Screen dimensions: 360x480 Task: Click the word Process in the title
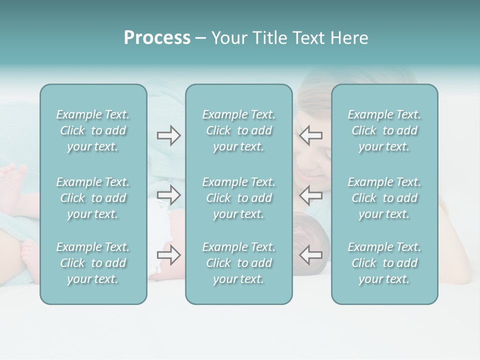click(x=157, y=38)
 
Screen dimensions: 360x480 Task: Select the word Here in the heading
click(x=349, y=38)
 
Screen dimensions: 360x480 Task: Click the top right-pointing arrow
click(x=169, y=135)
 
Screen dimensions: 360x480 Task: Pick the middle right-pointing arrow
click(x=169, y=195)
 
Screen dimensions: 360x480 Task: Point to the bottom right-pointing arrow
click(x=169, y=255)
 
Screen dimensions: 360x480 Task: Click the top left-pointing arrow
click(x=310, y=135)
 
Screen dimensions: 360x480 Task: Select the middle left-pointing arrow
click(x=310, y=195)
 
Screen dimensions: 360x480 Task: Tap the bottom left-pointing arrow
click(x=310, y=255)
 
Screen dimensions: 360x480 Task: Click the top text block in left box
click(x=93, y=130)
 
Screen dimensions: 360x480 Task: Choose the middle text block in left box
click(x=93, y=198)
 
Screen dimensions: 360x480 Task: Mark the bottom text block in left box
click(x=93, y=263)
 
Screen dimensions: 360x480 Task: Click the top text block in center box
click(x=239, y=130)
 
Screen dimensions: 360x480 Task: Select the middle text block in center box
click(x=239, y=198)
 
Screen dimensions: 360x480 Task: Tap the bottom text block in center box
click(x=239, y=263)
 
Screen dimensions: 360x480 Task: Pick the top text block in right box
click(x=384, y=130)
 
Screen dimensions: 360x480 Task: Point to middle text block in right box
click(x=384, y=198)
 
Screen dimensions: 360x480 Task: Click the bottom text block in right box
click(x=384, y=263)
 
